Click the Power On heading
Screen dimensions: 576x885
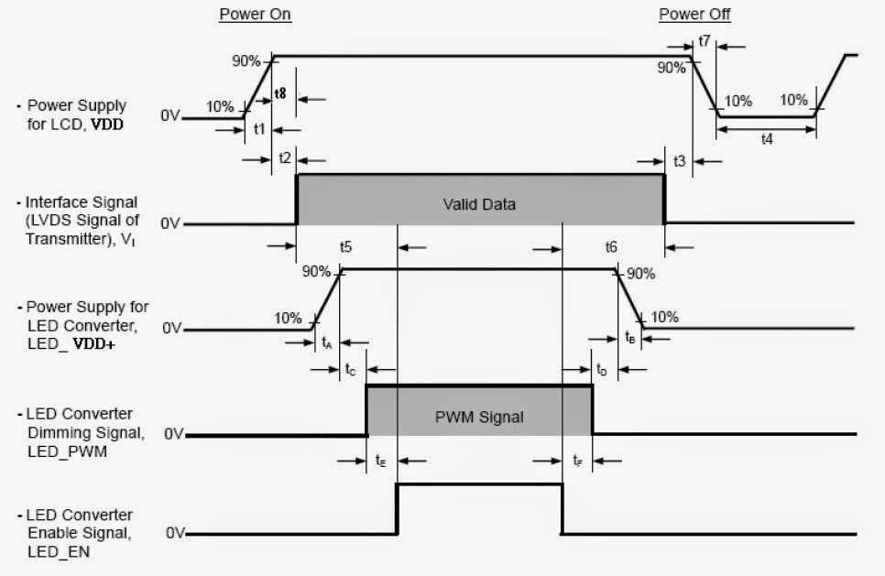pyautogui.click(x=256, y=15)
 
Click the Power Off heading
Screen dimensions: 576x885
pyautogui.click(x=694, y=15)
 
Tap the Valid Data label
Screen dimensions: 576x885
pyautogui.click(x=480, y=203)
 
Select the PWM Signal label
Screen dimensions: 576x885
pyautogui.click(x=479, y=417)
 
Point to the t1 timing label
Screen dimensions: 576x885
pyautogui.click(x=259, y=129)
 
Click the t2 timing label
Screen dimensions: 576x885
pyautogui.click(x=284, y=158)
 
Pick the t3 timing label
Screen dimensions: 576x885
pyautogui.click(x=679, y=160)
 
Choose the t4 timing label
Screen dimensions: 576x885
pyautogui.click(x=766, y=142)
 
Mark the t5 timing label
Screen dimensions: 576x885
pyautogui.click(x=345, y=246)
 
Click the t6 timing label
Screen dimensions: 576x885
pyautogui.click(x=611, y=246)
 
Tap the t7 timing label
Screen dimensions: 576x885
pyautogui.click(x=704, y=40)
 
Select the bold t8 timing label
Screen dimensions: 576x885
pyautogui.click(x=279, y=93)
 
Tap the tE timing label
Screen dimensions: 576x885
pyautogui.click(x=380, y=461)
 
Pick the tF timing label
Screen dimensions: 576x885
pyautogui.click(x=577, y=461)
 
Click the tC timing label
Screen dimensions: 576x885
pyautogui.click(x=351, y=370)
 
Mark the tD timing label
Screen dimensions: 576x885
pyautogui.click(x=602, y=370)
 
